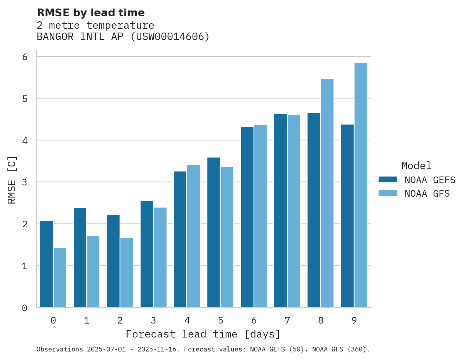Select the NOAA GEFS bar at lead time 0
47,264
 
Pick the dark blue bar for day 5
214,232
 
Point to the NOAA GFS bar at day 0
60,278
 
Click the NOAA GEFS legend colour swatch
388,180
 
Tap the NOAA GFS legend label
427,194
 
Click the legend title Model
416,166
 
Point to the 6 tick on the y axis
24,57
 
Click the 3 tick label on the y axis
24,182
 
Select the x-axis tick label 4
187,321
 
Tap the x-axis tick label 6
254,321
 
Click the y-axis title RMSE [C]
12,180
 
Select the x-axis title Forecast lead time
203,334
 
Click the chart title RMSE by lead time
90,13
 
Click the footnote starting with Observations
203,350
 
